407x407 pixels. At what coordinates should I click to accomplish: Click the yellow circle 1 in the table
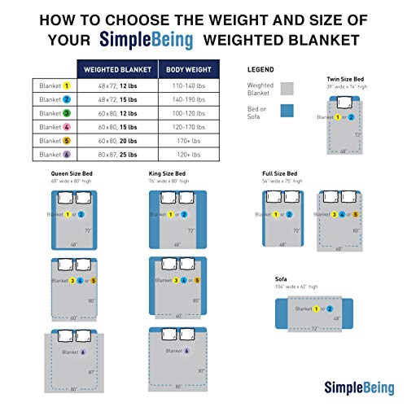coord(68,85)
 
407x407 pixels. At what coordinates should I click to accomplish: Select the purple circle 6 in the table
coord(68,154)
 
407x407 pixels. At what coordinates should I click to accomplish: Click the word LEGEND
coord(261,70)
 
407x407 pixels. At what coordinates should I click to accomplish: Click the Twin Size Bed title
coord(344,79)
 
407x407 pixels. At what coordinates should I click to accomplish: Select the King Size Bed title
coord(164,175)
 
